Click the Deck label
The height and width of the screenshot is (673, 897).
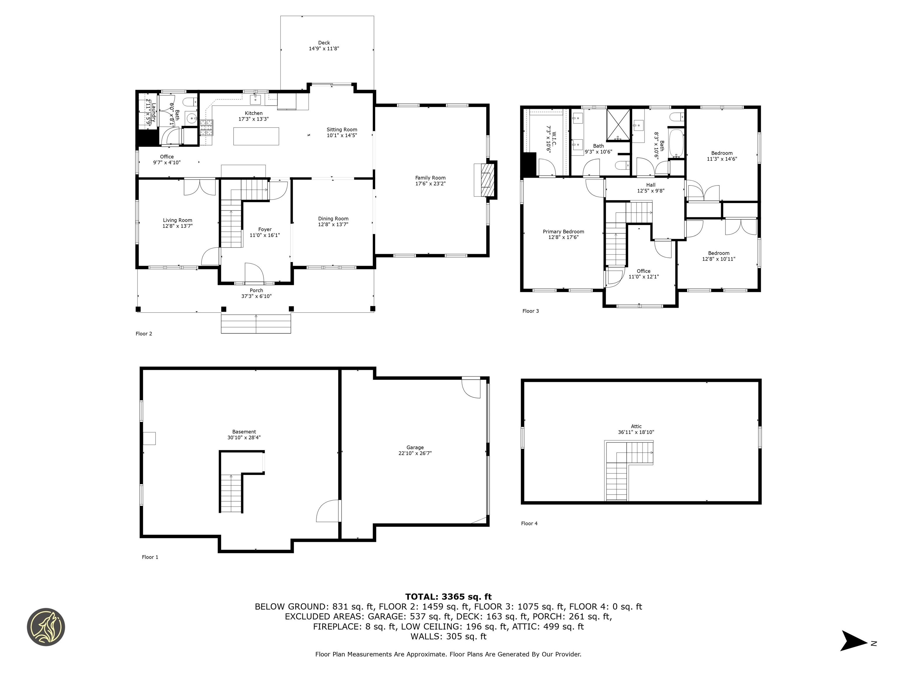(x=324, y=43)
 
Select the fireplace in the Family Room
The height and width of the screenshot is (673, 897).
(x=485, y=179)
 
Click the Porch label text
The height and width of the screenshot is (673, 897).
(x=256, y=290)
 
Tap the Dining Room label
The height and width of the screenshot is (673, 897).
(x=333, y=219)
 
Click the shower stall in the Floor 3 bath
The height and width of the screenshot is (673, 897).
(x=618, y=124)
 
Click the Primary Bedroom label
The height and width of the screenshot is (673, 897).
(x=563, y=232)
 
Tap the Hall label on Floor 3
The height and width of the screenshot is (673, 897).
(x=651, y=185)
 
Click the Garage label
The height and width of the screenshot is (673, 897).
(x=415, y=447)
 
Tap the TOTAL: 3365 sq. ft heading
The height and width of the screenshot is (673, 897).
(x=448, y=597)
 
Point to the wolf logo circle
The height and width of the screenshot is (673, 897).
(x=46, y=627)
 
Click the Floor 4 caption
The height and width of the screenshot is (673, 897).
(x=529, y=523)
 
